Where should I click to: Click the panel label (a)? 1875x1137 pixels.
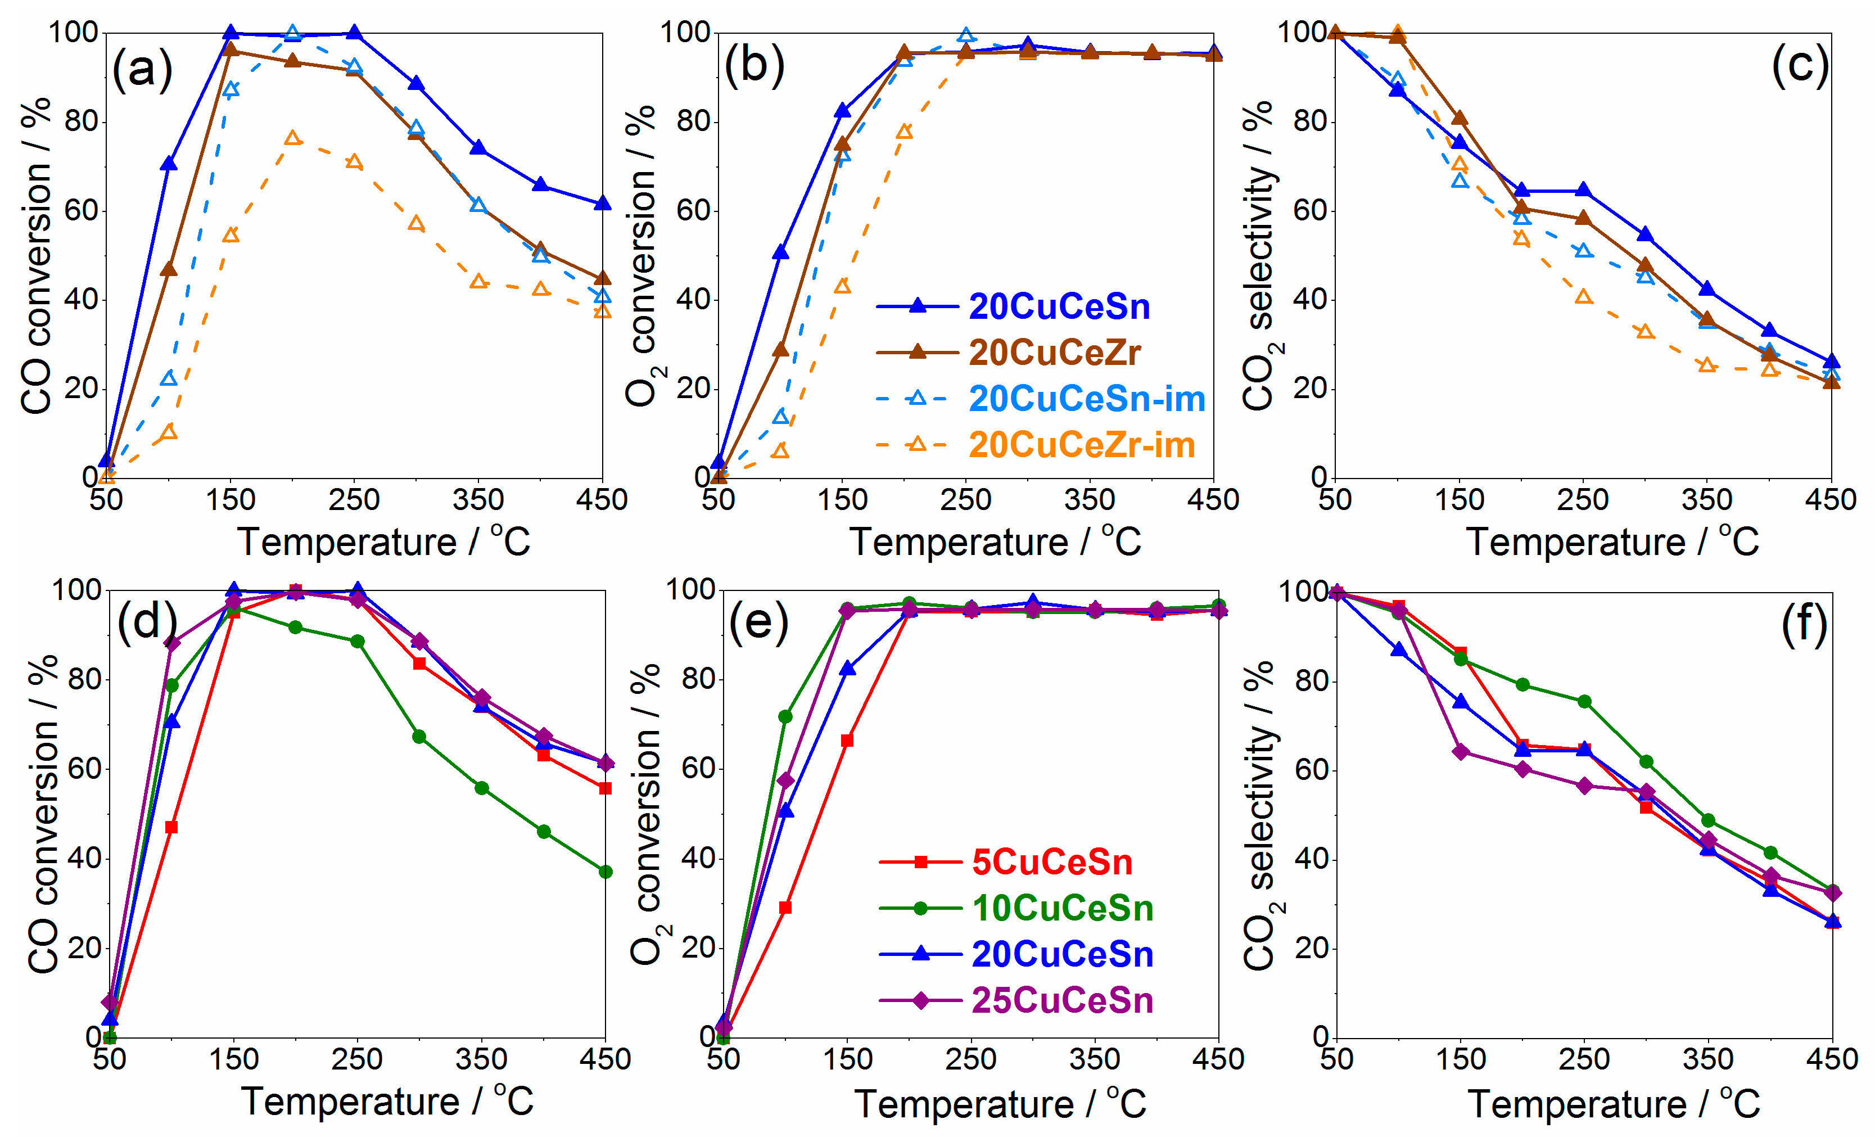point(142,70)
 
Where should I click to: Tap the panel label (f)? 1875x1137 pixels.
point(1804,626)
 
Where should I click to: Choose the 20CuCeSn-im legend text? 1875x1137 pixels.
point(1087,399)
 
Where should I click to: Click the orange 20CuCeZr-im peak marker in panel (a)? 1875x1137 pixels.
point(293,138)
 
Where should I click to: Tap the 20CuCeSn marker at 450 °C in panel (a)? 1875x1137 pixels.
point(602,203)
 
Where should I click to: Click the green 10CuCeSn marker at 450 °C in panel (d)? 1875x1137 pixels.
point(605,872)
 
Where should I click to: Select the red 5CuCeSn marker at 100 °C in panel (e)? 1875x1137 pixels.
point(785,907)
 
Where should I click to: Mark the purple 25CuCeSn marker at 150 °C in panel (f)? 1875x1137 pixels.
point(1460,752)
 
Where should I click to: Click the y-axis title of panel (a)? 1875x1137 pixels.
point(36,255)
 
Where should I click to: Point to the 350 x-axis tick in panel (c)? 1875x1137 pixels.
point(1706,500)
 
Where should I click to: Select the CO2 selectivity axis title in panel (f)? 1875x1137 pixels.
point(1259,814)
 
